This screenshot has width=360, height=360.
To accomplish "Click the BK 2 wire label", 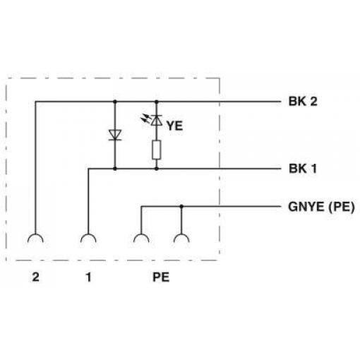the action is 303,102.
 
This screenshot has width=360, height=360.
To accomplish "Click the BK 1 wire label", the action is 303,169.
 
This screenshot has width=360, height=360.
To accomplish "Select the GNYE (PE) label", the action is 321,207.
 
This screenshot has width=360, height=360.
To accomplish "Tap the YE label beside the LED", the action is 175,126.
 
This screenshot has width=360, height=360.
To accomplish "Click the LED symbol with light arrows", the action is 157,120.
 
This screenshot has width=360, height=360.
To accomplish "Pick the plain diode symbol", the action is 115,135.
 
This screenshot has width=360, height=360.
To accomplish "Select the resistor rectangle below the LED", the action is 157,150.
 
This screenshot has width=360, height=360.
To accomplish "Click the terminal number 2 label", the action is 35,277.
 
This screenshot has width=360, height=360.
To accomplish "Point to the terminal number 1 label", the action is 88,277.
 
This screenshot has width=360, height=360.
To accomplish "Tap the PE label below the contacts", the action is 161,277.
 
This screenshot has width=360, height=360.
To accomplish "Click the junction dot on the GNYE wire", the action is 181,207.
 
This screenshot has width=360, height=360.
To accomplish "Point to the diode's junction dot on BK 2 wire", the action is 115,102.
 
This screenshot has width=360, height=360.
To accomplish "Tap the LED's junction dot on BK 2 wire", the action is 157,102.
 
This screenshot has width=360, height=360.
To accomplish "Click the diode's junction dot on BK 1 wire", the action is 115,169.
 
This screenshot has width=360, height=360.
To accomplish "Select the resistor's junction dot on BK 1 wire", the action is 157,169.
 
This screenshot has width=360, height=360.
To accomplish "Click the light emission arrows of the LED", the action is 145,119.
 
